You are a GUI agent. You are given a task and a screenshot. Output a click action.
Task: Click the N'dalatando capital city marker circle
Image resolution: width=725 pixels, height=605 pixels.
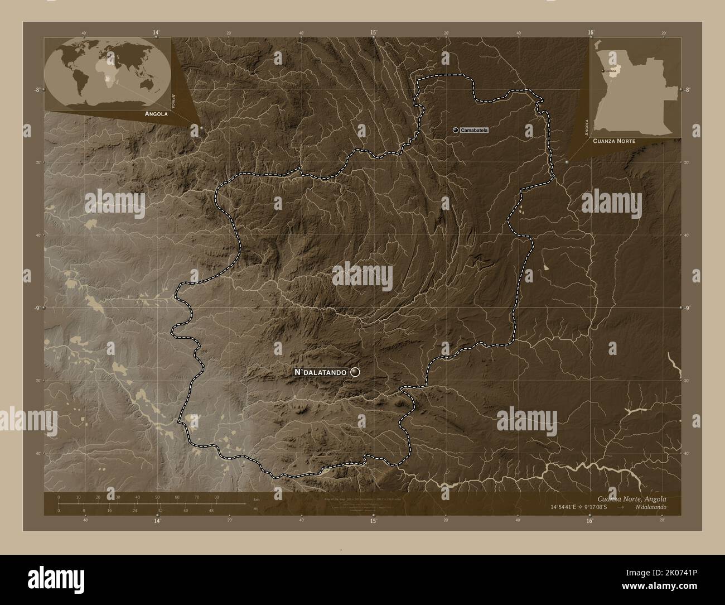(355, 372)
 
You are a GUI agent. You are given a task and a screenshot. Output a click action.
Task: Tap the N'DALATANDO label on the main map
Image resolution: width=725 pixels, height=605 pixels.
(321, 372)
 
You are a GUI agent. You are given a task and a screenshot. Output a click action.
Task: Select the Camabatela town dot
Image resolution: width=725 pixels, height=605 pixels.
(456, 130)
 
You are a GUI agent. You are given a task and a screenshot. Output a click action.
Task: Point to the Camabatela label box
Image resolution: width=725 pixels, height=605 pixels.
(475, 130)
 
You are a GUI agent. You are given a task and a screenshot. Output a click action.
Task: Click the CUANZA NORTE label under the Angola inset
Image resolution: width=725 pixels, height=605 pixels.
(614, 142)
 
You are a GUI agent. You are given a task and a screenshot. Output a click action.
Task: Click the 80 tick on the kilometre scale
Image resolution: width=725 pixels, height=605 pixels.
(216, 497)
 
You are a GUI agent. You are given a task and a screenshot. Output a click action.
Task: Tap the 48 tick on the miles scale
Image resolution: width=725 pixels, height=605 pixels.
(211, 510)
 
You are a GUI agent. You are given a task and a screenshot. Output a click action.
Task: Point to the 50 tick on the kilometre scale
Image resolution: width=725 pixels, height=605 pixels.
(157, 497)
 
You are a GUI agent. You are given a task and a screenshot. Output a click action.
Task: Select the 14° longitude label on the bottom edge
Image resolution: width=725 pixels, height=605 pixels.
(157, 520)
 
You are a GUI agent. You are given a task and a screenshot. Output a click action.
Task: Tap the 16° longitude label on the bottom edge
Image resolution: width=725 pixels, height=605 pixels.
(589, 520)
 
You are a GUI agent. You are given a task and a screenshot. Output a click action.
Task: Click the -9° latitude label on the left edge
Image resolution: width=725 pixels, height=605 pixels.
(36, 308)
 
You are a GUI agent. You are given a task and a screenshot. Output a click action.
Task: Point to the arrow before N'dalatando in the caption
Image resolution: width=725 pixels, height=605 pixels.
(621, 508)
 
